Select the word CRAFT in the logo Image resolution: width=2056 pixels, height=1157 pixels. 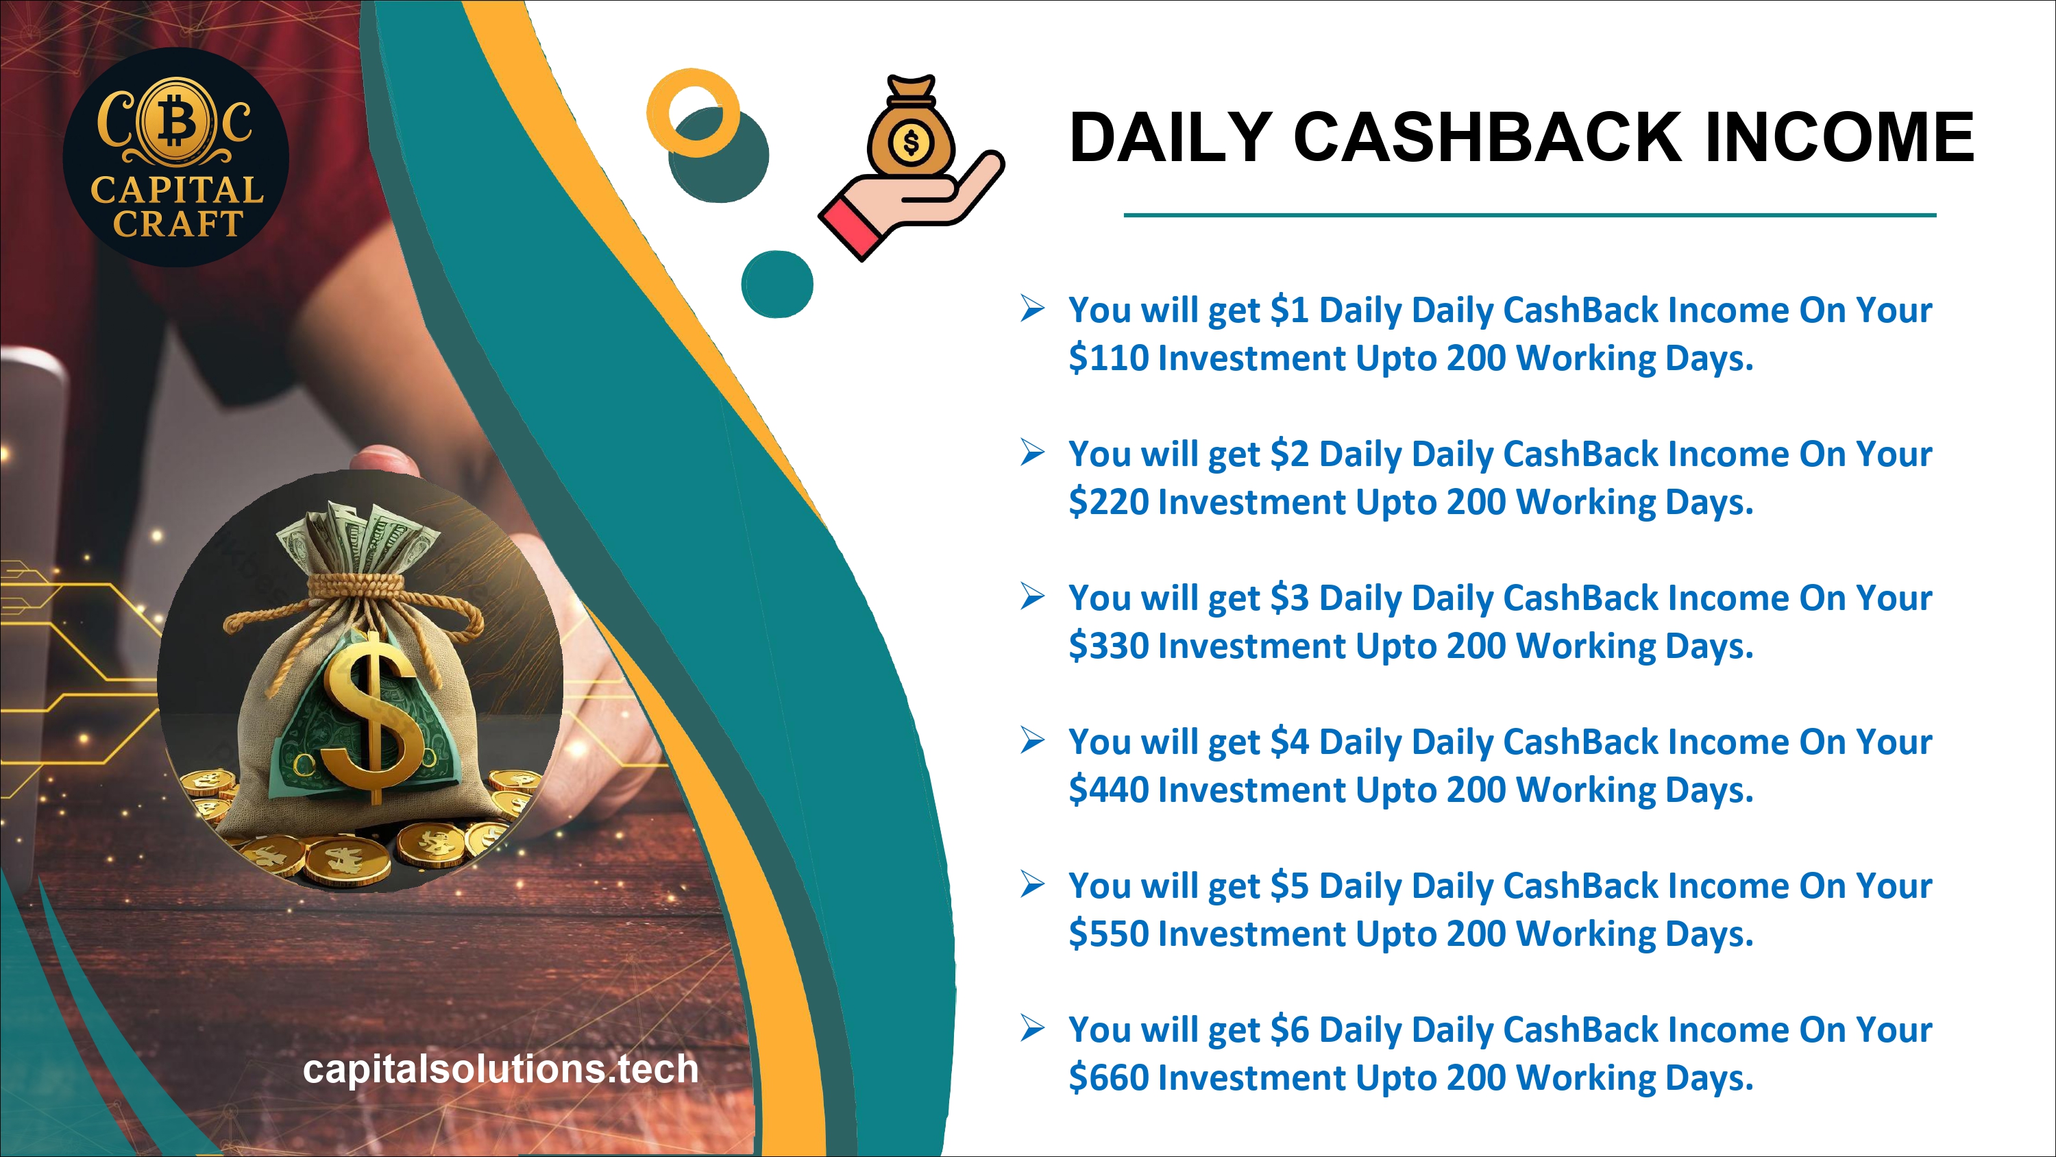(x=178, y=223)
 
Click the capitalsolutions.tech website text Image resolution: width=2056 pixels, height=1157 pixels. (x=500, y=1069)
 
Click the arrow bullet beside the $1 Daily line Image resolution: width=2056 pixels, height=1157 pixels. (x=1032, y=308)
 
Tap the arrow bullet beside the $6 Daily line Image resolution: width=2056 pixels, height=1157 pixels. (x=1032, y=1027)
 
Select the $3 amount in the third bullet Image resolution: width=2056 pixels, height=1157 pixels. (x=1290, y=597)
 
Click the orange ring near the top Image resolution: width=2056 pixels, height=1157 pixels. (x=693, y=112)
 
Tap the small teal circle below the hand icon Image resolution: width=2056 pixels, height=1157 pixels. (x=776, y=284)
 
